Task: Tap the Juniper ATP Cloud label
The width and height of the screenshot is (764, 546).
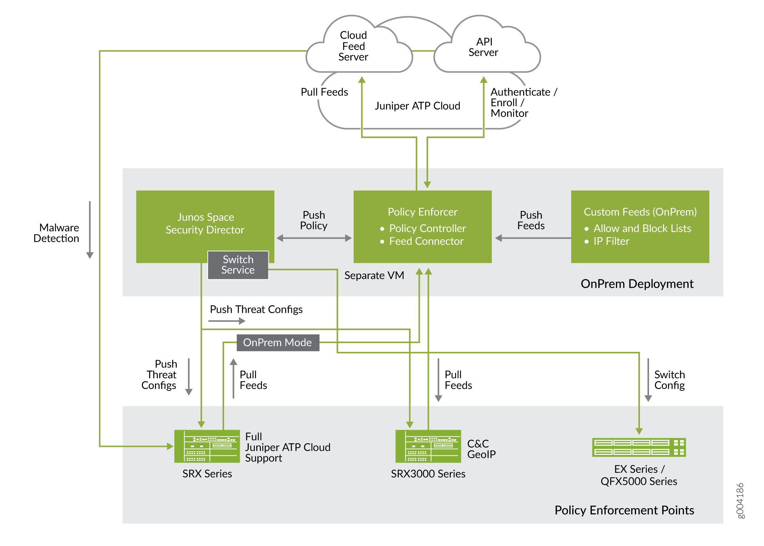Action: tap(417, 106)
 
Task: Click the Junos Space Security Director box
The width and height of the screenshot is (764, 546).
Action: tap(205, 223)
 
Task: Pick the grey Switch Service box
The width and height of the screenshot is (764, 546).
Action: tap(238, 265)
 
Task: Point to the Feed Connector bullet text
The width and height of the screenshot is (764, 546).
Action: tap(426, 241)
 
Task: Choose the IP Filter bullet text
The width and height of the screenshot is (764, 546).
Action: tap(611, 241)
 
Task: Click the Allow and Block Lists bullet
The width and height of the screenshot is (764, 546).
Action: tap(642, 228)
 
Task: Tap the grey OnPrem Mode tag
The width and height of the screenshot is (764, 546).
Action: tap(278, 343)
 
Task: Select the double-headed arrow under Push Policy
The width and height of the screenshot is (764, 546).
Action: tap(314, 238)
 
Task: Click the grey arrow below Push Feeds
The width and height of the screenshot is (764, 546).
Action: tap(533, 238)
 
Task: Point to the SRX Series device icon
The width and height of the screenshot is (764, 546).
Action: tap(207, 446)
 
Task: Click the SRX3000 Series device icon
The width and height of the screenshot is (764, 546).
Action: tap(428, 446)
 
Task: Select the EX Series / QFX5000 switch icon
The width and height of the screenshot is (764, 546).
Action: tap(639, 447)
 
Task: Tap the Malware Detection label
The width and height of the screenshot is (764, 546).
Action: tap(57, 233)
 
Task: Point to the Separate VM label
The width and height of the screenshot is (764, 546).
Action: tap(374, 276)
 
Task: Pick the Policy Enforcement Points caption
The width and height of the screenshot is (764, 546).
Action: tap(624, 510)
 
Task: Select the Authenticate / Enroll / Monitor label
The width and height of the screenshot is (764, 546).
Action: tap(523, 103)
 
